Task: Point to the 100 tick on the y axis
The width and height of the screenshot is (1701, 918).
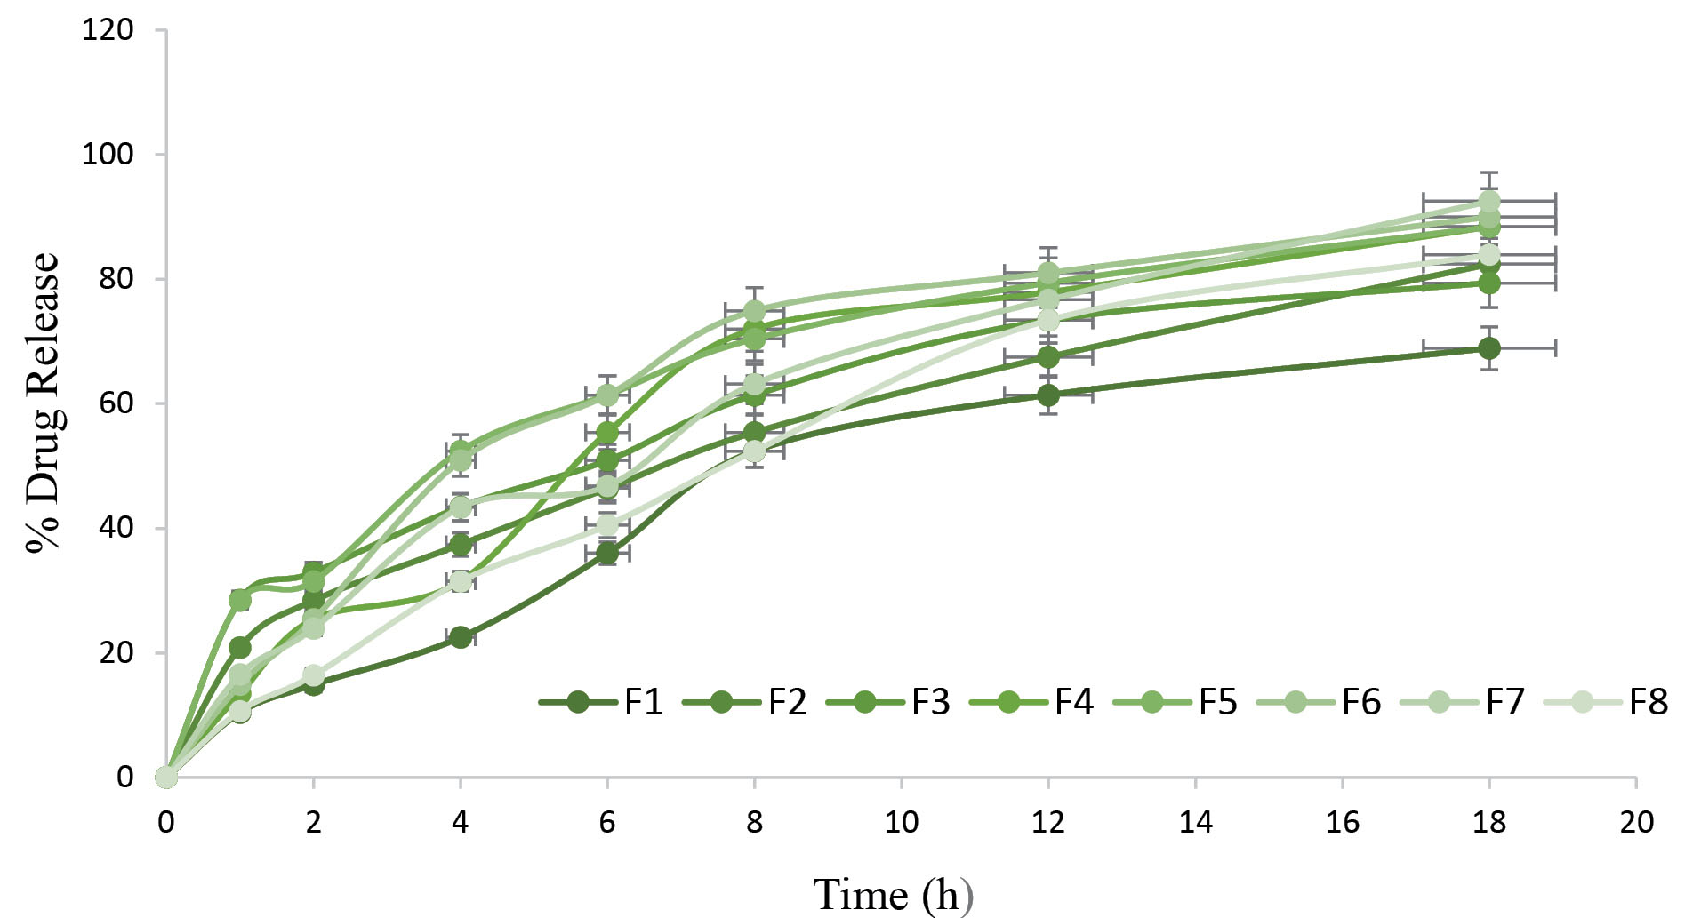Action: pyautogui.click(x=108, y=154)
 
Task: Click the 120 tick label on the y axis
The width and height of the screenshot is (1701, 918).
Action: pyautogui.click(x=108, y=30)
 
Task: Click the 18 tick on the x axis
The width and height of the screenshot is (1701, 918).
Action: pyautogui.click(x=1488, y=822)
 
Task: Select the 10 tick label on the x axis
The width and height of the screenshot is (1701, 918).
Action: pyautogui.click(x=901, y=822)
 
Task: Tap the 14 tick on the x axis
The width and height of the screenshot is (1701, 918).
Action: pyautogui.click(x=1195, y=822)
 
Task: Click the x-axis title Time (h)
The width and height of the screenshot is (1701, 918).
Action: pyautogui.click(x=893, y=894)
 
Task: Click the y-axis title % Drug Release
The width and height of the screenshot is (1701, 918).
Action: pyautogui.click(x=43, y=403)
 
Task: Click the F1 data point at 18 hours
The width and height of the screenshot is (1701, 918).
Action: pyautogui.click(x=1488, y=347)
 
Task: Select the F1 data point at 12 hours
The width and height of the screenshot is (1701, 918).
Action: pyautogui.click(x=1048, y=395)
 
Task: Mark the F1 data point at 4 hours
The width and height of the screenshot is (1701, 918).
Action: pyautogui.click(x=461, y=636)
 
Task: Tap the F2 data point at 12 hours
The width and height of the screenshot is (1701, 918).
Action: pyautogui.click(x=1048, y=356)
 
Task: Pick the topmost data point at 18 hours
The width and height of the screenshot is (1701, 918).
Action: pyautogui.click(x=1488, y=201)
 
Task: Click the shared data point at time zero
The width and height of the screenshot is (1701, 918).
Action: pyautogui.click(x=166, y=777)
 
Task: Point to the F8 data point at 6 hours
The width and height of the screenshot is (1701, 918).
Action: pyautogui.click(x=607, y=525)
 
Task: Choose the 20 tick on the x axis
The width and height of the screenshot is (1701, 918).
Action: pyautogui.click(x=1636, y=822)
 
